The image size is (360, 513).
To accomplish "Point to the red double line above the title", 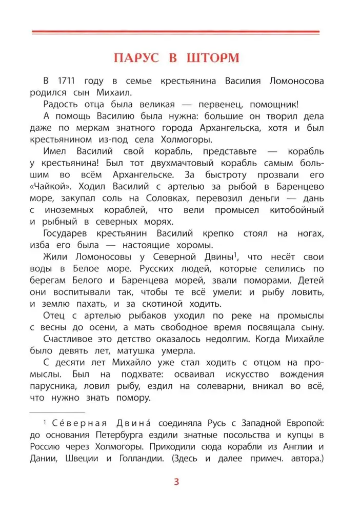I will (x=176, y=32).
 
